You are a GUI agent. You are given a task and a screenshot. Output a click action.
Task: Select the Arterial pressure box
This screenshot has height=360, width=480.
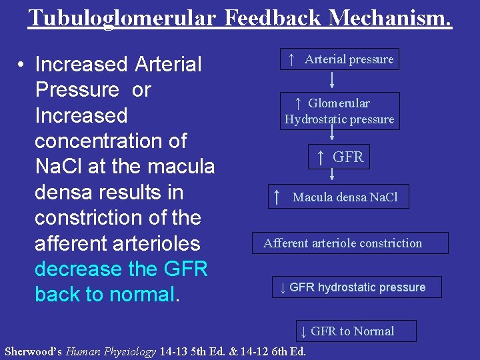pyautogui.click(x=340, y=59)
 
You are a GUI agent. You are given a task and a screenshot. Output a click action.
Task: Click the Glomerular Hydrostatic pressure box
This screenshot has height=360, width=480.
pyautogui.click(x=339, y=111)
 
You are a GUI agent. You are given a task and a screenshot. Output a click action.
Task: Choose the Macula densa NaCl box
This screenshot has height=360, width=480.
pyautogui.click(x=337, y=197)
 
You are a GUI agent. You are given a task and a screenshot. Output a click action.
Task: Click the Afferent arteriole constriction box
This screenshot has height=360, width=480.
pyautogui.click(x=343, y=243)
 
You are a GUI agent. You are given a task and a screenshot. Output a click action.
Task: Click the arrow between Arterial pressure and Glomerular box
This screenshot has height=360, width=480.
pyautogui.click(x=332, y=81)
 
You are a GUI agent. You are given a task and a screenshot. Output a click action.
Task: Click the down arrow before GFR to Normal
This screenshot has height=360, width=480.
pyautogui.click(x=303, y=331)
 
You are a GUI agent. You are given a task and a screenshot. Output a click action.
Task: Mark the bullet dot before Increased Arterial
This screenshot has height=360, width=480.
pyautogui.click(x=22, y=65)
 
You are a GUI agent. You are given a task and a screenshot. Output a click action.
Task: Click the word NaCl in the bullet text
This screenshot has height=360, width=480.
pyautogui.click(x=58, y=167)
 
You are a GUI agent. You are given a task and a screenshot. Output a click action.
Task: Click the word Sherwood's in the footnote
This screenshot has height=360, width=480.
pyautogui.click(x=33, y=351)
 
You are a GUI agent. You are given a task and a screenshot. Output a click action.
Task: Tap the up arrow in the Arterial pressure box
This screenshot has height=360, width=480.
pyautogui.click(x=291, y=59)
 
